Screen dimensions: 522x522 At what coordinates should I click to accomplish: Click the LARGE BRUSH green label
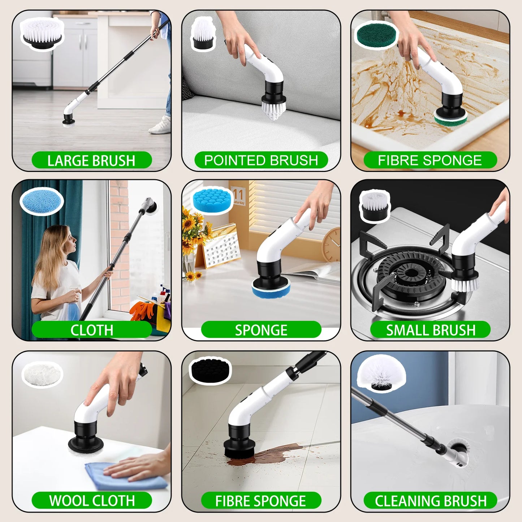[91, 160]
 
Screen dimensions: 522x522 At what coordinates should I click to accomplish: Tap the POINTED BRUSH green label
[261, 160]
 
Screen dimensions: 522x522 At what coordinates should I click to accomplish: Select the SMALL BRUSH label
[430, 330]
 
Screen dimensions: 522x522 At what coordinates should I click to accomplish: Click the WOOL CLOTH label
[92, 500]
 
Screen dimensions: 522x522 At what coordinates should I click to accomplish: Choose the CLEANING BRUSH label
[430, 501]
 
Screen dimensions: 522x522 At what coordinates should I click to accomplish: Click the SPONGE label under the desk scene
[261, 330]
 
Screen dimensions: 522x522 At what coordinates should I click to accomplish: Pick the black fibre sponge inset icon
[210, 370]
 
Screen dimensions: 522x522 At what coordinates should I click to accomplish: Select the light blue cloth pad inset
[42, 201]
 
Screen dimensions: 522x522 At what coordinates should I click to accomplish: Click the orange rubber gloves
[142, 311]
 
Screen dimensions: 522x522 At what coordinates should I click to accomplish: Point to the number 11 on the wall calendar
[238, 194]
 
